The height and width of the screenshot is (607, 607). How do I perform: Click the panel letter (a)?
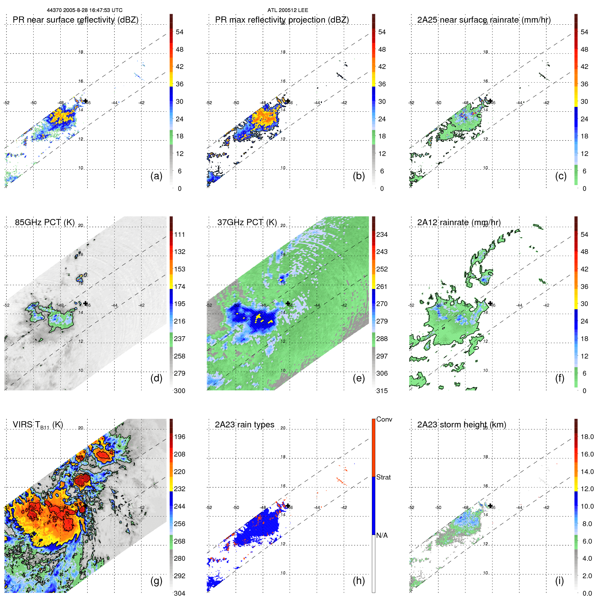156,176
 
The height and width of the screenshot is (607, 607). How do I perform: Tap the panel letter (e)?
359,378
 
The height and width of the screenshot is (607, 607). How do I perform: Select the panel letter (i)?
559,581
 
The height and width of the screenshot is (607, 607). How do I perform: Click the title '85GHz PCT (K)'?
45,222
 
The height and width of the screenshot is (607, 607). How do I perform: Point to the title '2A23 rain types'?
244,425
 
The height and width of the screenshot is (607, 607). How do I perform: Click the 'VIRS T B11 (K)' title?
38,425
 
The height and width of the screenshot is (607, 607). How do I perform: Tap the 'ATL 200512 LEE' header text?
288,10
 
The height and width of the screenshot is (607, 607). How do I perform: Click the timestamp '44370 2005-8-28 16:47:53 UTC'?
85,10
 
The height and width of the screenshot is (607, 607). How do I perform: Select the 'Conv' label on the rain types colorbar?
384,420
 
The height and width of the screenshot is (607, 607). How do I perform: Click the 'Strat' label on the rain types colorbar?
383,477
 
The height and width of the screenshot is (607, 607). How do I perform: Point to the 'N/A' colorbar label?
382,535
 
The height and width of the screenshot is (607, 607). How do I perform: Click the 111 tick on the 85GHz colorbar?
180,235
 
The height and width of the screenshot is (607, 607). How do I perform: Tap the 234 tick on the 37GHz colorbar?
382,235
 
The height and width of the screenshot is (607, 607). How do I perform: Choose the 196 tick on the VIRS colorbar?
180,437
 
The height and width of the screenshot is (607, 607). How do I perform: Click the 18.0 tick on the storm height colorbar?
587,437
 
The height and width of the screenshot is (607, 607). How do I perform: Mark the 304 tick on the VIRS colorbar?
180,593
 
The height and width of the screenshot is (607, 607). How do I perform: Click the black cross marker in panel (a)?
85,101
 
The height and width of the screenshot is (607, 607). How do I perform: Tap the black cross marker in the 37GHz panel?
288,303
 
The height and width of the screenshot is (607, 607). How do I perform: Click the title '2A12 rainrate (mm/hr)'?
459,222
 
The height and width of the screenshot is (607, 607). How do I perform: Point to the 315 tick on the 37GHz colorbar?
382,391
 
